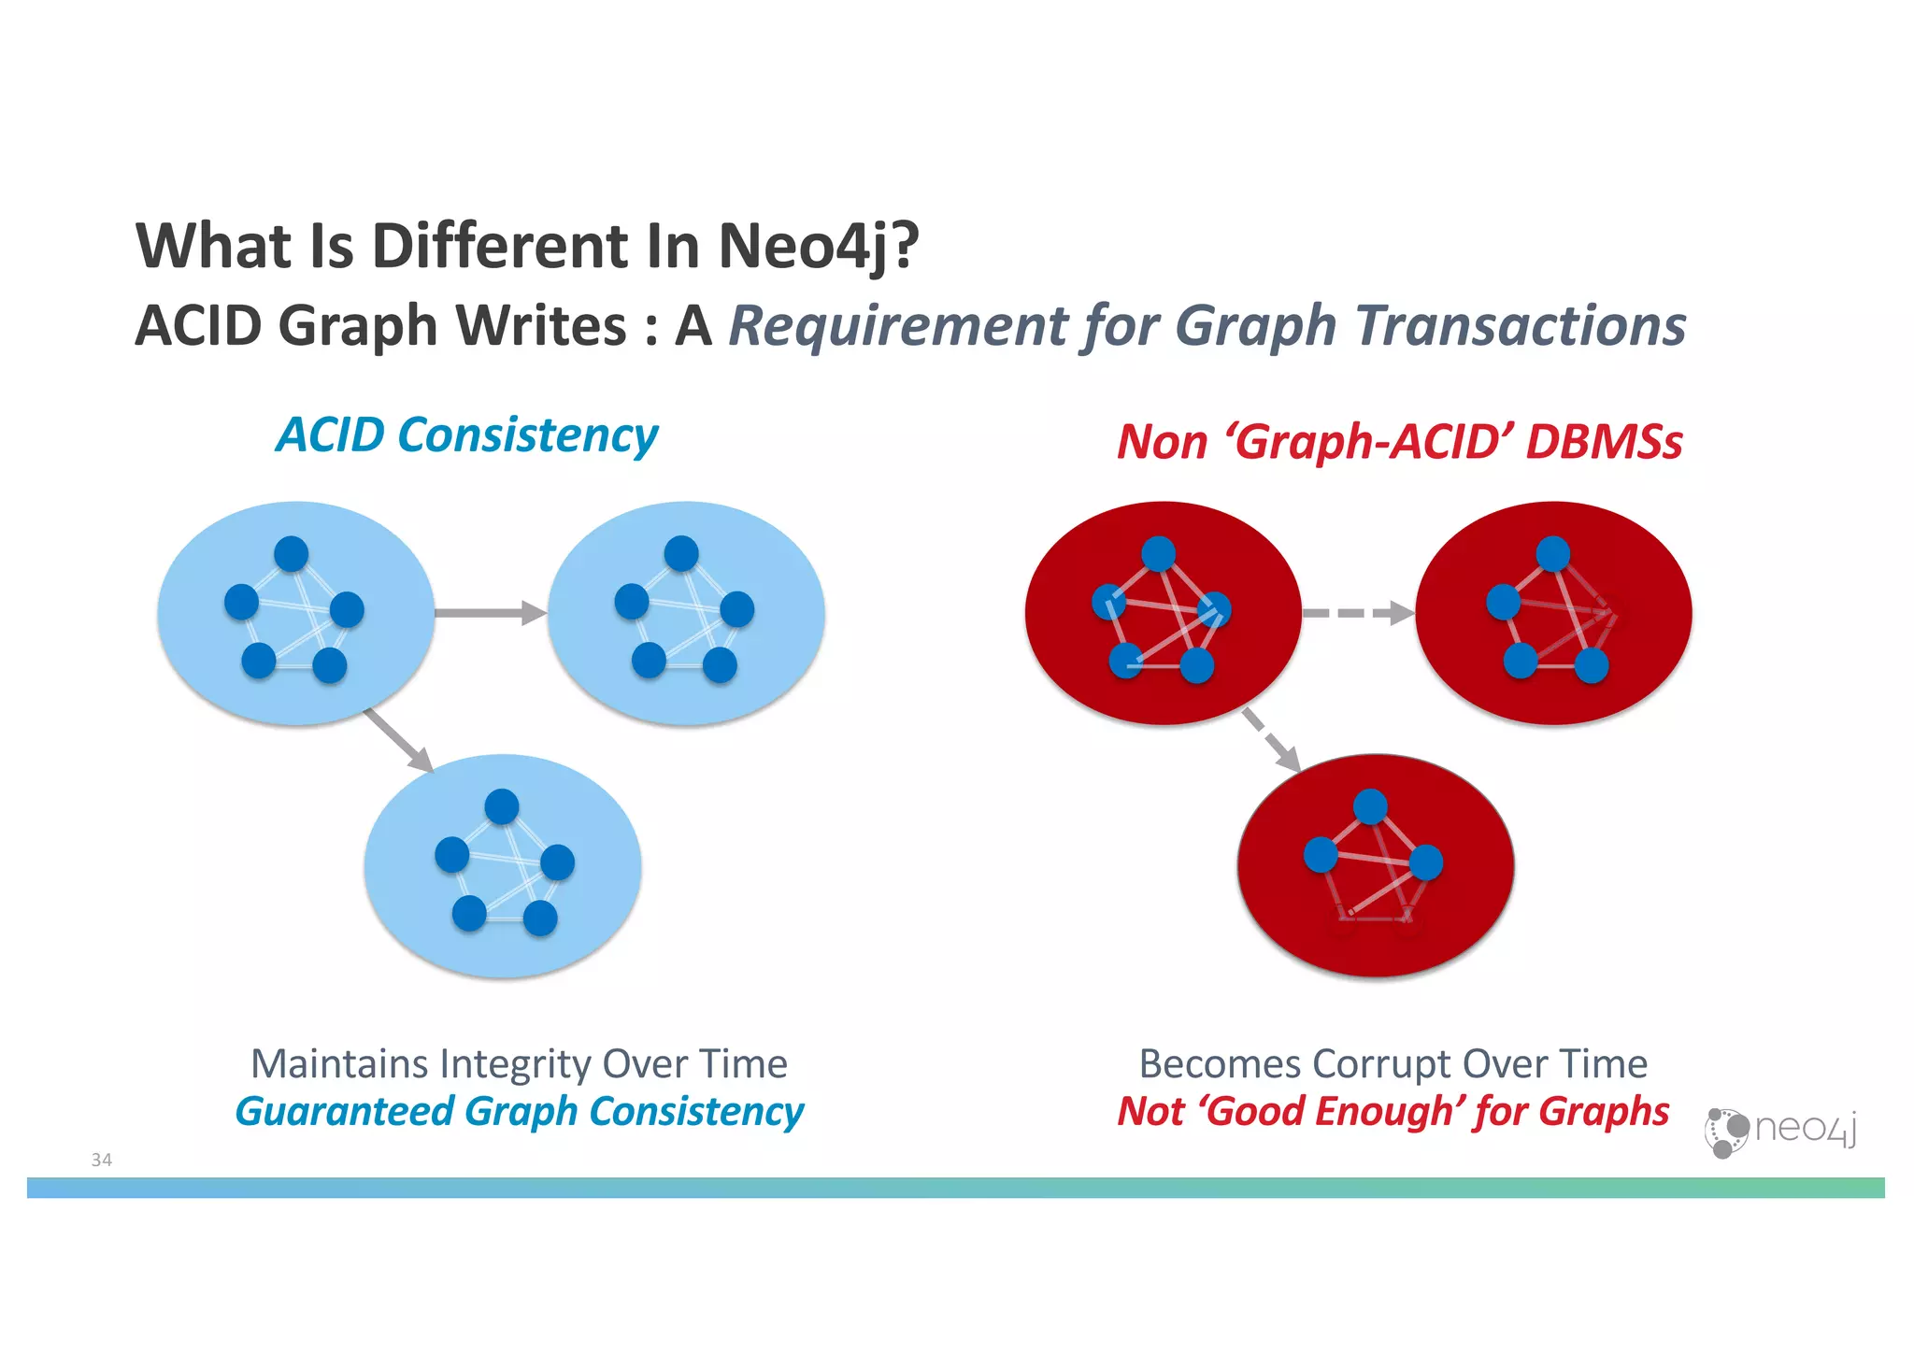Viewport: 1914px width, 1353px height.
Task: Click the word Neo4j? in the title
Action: click(818, 246)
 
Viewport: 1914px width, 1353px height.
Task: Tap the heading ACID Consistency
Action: click(466, 434)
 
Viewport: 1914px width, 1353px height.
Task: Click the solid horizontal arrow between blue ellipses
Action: click(490, 613)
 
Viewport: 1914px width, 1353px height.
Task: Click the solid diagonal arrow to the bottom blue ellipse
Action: click(399, 740)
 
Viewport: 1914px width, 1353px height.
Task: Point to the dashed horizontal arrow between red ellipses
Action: click(1357, 613)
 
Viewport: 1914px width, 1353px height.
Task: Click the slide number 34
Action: click(101, 1160)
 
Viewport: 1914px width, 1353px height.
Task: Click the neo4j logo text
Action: click(1805, 1128)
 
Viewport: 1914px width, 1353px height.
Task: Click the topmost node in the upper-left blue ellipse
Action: click(291, 553)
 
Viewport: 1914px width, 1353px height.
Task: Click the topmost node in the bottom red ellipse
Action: click(1370, 805)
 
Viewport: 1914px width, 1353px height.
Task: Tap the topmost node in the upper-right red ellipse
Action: click(1552, 553)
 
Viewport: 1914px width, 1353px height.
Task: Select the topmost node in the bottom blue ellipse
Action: click(502, 805)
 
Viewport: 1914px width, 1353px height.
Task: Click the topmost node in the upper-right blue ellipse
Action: click(681, 553)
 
